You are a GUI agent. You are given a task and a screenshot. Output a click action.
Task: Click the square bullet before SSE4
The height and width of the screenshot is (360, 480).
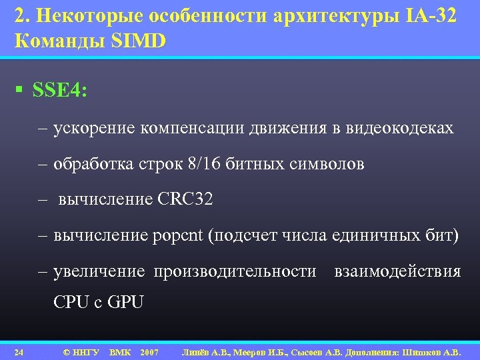click(22, 90)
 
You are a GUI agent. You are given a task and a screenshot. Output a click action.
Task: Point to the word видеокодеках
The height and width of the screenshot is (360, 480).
click(400, 128)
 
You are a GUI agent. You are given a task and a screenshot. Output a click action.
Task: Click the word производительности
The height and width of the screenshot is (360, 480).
click(235, 271)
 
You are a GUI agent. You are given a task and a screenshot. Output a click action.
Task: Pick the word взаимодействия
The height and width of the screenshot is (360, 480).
click(397, 271)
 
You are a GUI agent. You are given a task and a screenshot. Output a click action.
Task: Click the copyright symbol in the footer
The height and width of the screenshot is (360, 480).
click(65, 351)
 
